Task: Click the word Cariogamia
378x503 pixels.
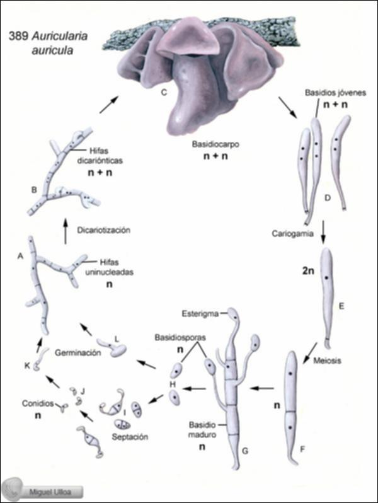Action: coord(293,233)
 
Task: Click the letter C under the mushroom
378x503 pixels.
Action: coord(163,94)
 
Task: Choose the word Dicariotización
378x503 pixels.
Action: coord(105,231)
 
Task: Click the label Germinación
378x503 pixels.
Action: coord(77,353)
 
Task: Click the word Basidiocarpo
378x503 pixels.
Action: coord(214,144)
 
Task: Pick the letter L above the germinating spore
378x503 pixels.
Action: coord(117,338)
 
